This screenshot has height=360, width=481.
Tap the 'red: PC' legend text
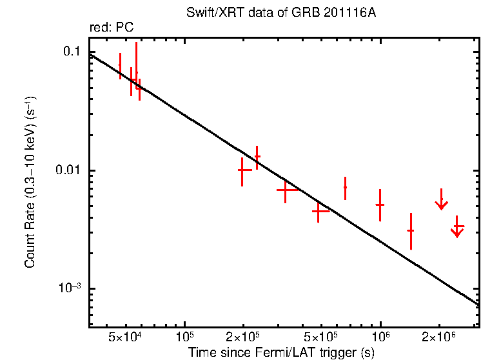pos(111,27)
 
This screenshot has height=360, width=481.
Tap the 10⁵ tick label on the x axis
pos(184,337)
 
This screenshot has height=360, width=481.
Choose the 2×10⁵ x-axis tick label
pos(243,337)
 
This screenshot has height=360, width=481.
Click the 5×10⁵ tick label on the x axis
pos(321,337)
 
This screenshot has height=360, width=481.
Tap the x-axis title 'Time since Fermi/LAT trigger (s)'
pos(282,352)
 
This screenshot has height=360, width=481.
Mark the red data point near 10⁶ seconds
pos(380,205)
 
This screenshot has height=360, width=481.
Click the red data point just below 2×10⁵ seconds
pos(242,170)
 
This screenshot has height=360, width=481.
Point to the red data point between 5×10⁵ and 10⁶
pos(345,187)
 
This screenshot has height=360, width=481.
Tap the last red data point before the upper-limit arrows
pos(411,230)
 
